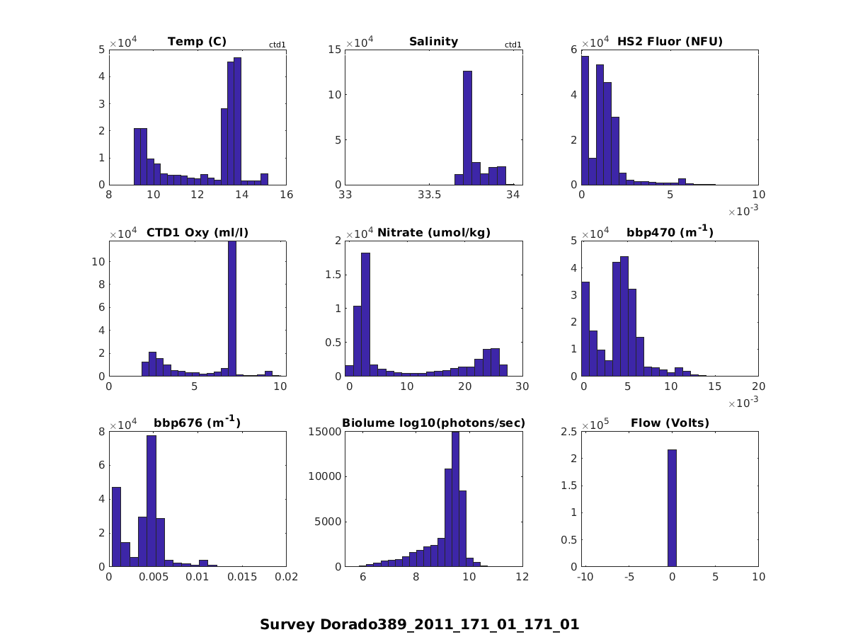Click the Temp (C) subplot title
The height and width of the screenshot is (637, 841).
pyautogui.click(x=197, y=42)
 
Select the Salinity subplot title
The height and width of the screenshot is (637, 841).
pyautogui.click(x=433, y=42)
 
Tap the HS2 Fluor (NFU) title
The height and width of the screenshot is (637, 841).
pyautogui.click(x=670, y=42)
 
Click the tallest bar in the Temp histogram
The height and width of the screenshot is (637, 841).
pyautogui.click(x=237, y=120)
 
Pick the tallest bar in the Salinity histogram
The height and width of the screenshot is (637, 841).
pyautogui.click(x=467, y=127)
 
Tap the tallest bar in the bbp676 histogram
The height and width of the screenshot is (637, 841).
pyautogui.click(x=151, y=500)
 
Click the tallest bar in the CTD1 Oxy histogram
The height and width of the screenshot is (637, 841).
pyautogui.click(x=232, y=308)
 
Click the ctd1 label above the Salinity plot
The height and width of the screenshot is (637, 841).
pyautogui.click(x=513, y=45)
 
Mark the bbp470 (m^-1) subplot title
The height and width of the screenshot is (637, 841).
pyautogui.click(x=670, y=232)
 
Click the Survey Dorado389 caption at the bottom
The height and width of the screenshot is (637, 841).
pyautogui.click(x=420, y=624)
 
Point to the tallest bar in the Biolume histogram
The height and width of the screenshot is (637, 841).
pyautogui.click(x=455, y=498)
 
